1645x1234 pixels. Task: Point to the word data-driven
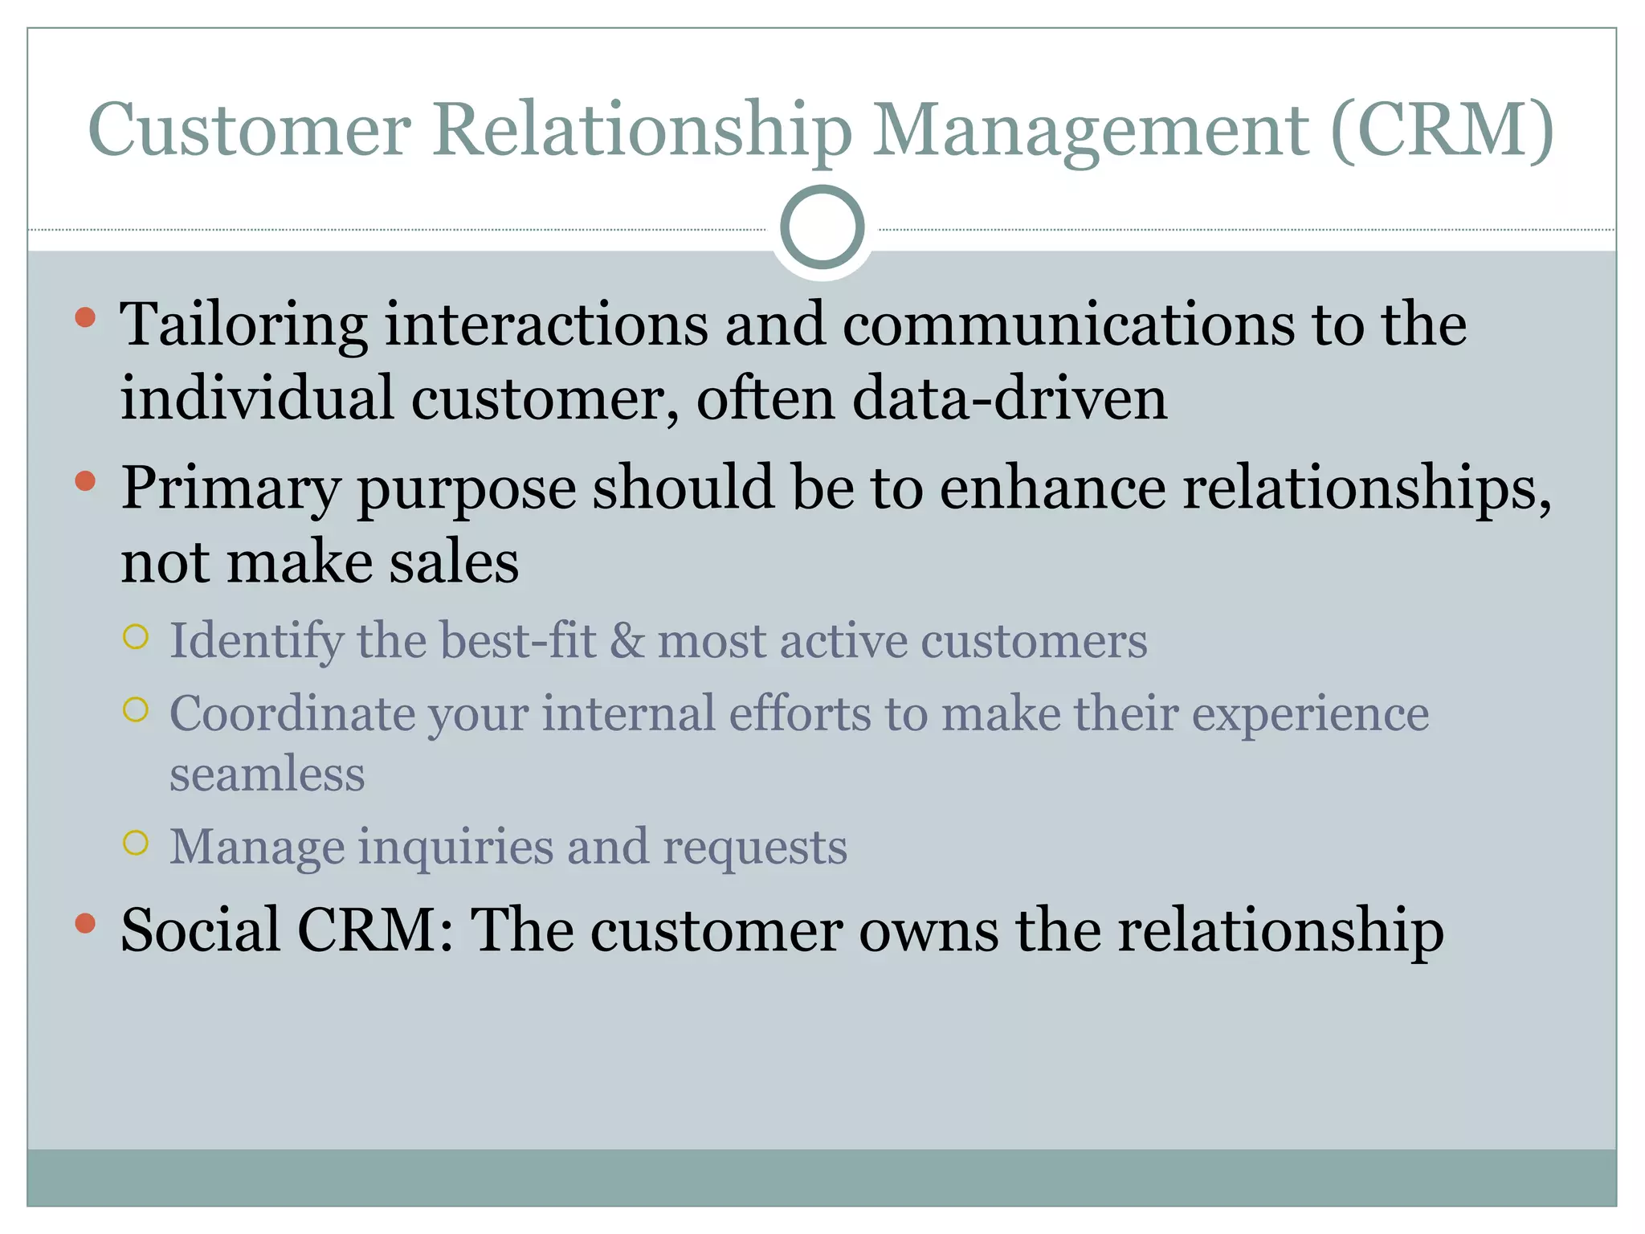[1009, 398]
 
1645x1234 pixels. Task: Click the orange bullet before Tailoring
[85, 317]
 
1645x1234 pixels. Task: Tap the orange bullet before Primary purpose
[85, 481]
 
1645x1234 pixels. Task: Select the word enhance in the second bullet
[1052, 488]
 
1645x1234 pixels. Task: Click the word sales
[454, 562]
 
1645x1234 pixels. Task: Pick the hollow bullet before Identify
[136, 636]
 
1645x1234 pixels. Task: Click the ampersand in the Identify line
[626, 641]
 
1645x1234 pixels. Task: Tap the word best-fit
[517, 641]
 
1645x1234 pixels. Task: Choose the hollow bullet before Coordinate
[136, 709]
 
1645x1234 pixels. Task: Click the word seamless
[267, 774]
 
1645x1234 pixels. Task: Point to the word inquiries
[455, 848]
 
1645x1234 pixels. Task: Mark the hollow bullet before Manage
[136, 842]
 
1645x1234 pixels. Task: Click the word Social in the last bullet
[200, 930]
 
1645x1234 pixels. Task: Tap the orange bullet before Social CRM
[85, 923]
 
